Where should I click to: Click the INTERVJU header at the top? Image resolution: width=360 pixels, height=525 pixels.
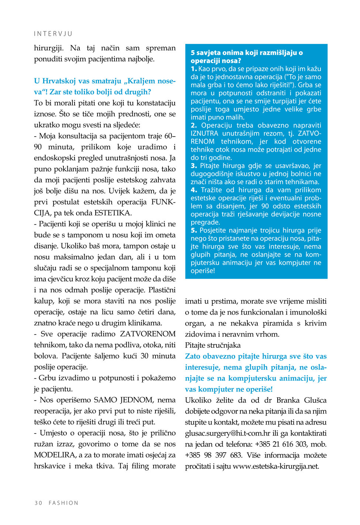[53, 34]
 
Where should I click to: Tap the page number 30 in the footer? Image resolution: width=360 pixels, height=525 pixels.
[38, 503]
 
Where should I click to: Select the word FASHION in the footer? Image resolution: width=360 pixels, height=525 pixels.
[64, 503]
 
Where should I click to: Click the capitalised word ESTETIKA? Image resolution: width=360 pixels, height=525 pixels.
[113, 213]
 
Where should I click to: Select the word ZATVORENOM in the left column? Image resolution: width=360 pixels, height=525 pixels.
[148, 334]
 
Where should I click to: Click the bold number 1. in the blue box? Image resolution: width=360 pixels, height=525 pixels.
[194, 69]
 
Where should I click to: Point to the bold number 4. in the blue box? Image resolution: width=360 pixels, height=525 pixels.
[194, 190]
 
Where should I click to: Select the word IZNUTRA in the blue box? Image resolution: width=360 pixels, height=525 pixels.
[204, 133]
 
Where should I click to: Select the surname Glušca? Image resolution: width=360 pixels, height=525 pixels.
[315, 400]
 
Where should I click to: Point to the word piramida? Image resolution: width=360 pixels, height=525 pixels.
[277, 323]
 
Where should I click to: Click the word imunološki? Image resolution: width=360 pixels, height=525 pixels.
[308, 312]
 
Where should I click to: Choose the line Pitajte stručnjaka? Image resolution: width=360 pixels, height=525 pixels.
[213, 345]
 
